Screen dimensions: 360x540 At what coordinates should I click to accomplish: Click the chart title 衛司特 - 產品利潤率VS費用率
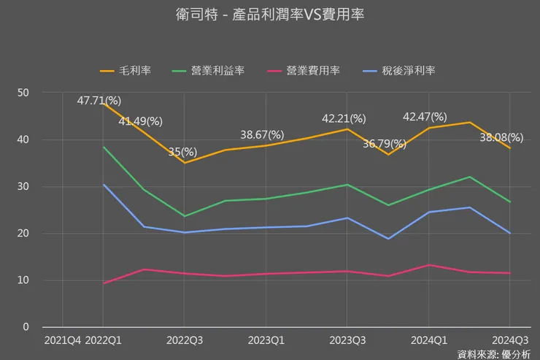[x=269, y=14]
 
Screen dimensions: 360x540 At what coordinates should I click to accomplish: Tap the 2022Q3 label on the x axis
[x=184, y=340]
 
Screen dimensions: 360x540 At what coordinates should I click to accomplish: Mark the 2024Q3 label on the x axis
[x=509, y=340]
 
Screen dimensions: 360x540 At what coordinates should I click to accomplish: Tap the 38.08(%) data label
[x=501, y=137]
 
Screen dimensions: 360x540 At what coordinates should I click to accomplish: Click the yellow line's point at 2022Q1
[x=103, y=104]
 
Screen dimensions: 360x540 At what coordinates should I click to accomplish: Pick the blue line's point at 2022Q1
[x=103, y=185]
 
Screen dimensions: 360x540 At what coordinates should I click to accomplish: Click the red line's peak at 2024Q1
[x=428, y=265]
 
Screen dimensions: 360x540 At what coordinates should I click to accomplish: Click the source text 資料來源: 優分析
[x=493, y=353]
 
